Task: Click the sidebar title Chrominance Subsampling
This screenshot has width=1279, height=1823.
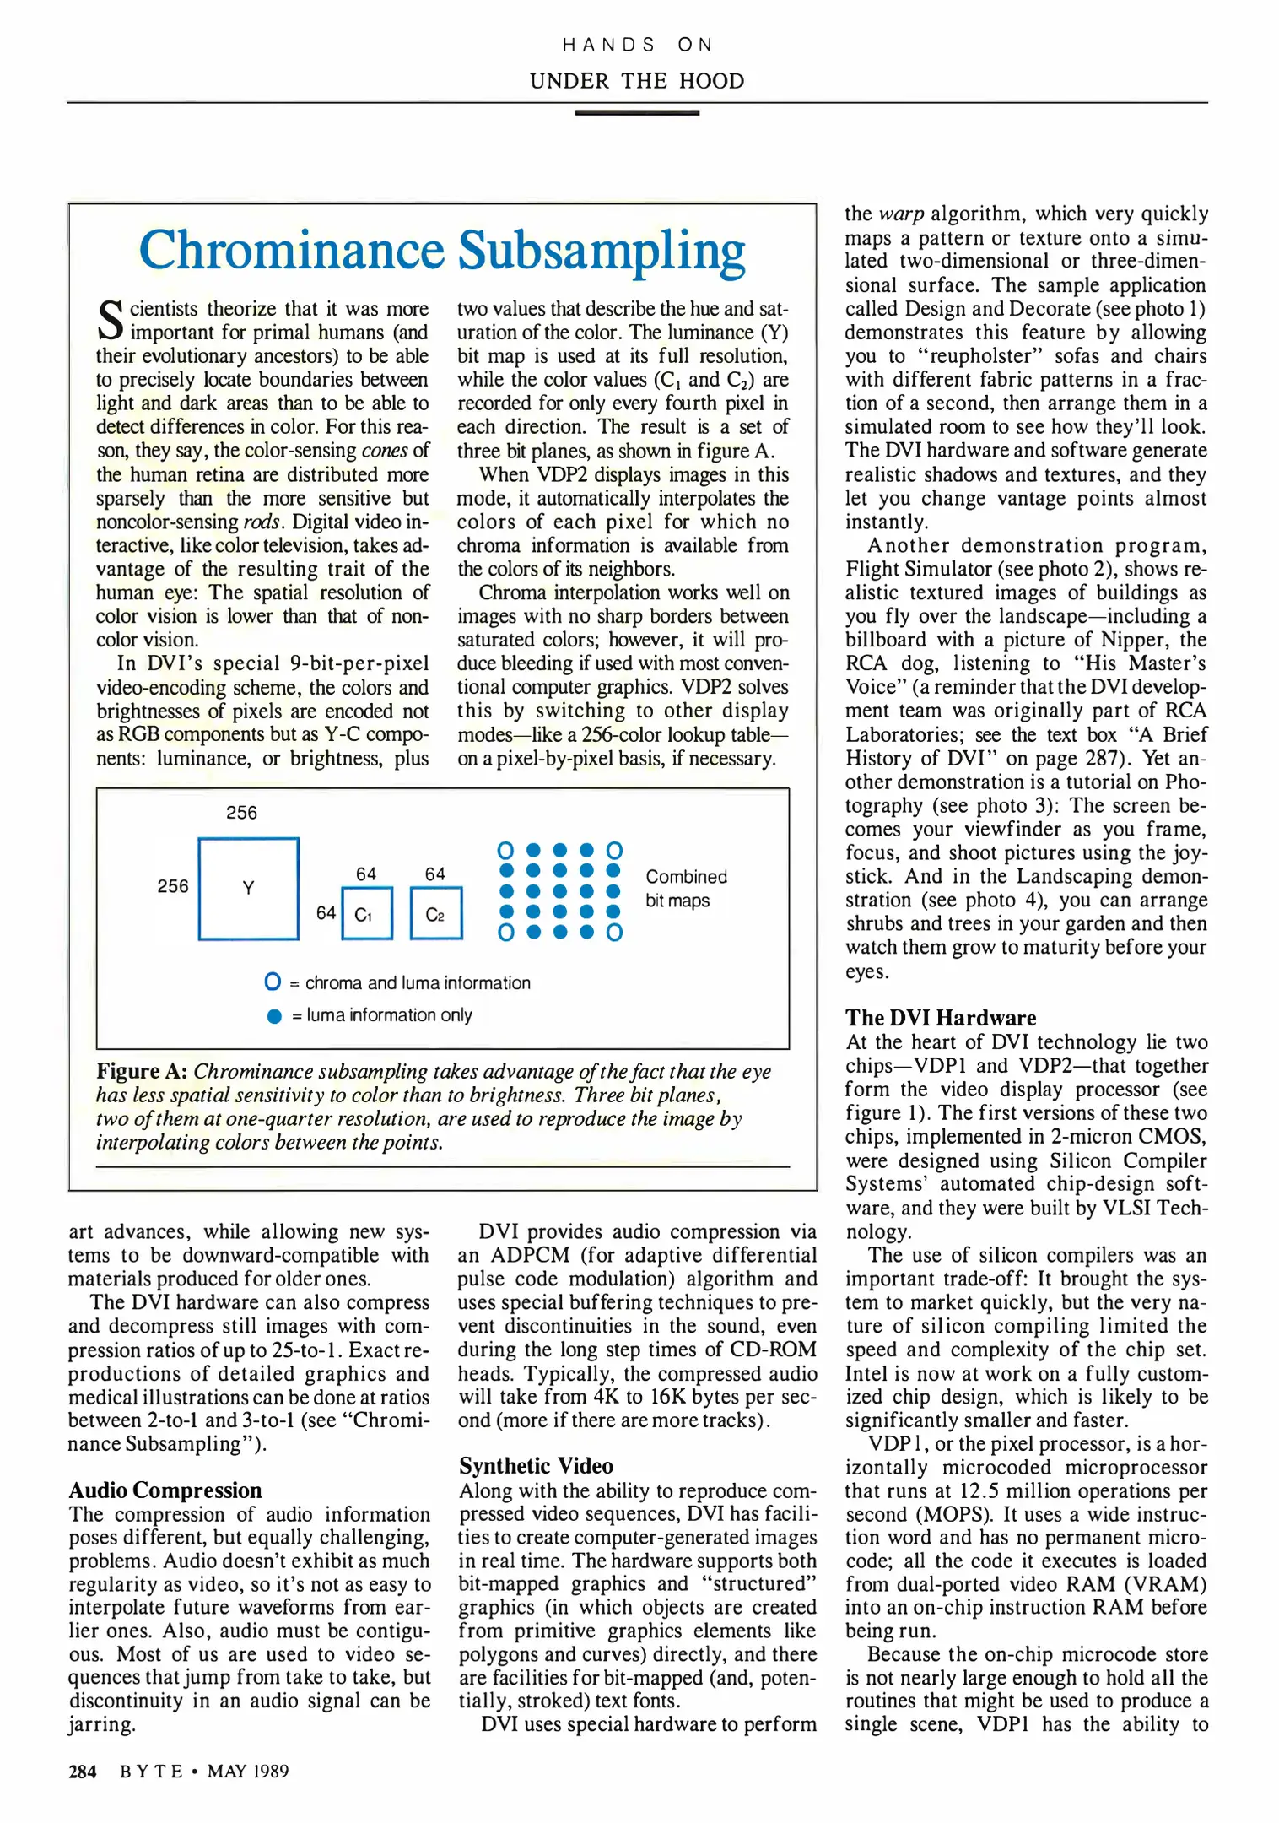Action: click(x=442, y=251)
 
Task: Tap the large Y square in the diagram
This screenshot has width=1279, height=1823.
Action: click(x=248, y=888)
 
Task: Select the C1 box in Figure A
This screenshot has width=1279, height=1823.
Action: click(x=367, y=913)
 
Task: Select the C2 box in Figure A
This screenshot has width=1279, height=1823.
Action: click(x=435, y=913)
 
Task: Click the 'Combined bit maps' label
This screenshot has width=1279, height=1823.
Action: click(x=685, y=889)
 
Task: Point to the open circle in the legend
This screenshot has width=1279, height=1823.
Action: click(x=273, y=982)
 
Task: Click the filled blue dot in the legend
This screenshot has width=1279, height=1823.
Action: click(x=274, y=1016)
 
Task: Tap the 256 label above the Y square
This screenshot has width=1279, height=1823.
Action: click(x=241, y=813)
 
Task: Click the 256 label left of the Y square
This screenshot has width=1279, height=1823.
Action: click(x=173, y=886)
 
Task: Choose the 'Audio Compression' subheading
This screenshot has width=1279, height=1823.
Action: click(x=165, y=1490)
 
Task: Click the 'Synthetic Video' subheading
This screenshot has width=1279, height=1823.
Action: click(x=536, y=1466)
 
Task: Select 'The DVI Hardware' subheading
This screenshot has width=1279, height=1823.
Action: click(x=941, y=1018)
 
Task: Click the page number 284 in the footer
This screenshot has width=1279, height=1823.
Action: click(x=83, y=1772)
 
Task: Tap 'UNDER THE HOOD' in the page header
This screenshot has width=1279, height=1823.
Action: click(x=637, y=81)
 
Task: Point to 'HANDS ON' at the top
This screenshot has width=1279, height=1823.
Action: click(x=637, y=45)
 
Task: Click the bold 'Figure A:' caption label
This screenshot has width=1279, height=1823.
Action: click(x=141, y=1071)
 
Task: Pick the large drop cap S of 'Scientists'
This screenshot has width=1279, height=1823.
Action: click(x=110, y=320)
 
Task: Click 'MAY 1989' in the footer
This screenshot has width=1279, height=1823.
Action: click(x=248, y=1772)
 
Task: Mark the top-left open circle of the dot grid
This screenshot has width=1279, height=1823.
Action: click(x=505, y=850)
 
